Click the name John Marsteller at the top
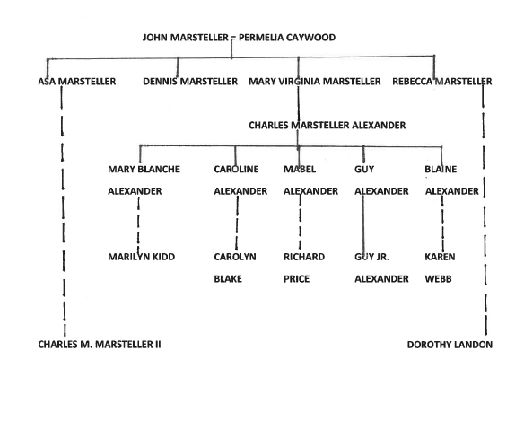click(x=186, y=37)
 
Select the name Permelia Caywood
click(x=287, y=37)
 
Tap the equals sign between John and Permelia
click(x=233, y=38)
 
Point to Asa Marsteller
click(x=77, y=82)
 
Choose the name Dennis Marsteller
click(x=190, y=82)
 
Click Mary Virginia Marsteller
click(x=315, y=82)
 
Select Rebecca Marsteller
click(x=442, y=82)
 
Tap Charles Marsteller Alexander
click(x=327, y=125)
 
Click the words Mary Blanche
click(x=144, y=169)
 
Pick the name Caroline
click(x=236, y=169)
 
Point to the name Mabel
click(x=300, y=169)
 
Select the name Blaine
click(x=441, y=169)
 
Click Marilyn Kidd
click(x=142, y=257)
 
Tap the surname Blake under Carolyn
click(x=228, y=279)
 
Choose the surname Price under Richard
click(x=296, y=279)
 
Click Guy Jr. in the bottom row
click(x=371, y=257)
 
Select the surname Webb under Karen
click(x=438, y=279)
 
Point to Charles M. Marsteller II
click(x=100, y=345)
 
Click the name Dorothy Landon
click(x=450, y=345)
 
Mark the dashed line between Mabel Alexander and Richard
click(x=300, y=223)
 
